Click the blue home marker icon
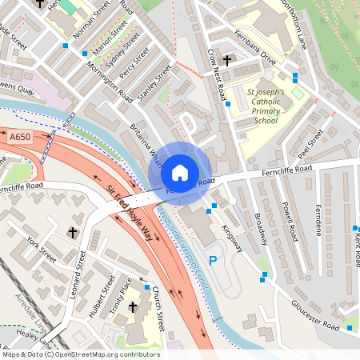[180, 173]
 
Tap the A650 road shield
[22, 138]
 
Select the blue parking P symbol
[213, 260]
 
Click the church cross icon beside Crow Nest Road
[227, 60]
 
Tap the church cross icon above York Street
[73, 232]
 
